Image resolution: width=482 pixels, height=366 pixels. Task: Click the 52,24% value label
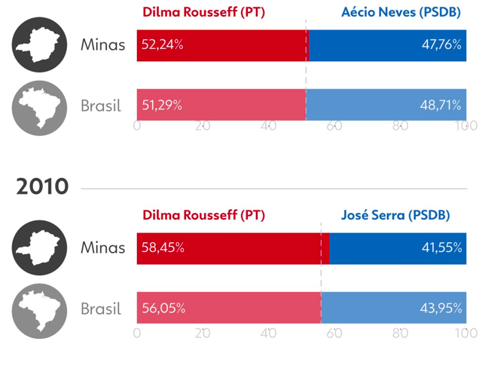click(163, 45)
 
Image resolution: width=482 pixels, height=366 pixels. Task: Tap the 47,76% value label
click(441, 45)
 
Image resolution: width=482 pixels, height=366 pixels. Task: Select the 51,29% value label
click(162, 106)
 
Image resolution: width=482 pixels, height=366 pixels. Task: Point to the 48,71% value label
click(441, 106)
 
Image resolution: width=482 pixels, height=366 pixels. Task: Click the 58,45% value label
click(163, 248)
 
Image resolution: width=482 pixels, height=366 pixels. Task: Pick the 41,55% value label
click(442, 248)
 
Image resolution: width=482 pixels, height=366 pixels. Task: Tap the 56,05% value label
click(163, 308)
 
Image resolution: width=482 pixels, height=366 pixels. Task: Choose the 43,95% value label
click(441, 308)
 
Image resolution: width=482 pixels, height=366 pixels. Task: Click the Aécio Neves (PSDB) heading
click(401, 12)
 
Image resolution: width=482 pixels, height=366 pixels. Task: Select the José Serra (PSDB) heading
click(395, 215)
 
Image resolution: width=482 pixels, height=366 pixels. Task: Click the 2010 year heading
click(42, 186)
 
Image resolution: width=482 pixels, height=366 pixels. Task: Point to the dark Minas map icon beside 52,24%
click(39, 45)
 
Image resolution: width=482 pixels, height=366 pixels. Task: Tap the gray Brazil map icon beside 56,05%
click(39, 311)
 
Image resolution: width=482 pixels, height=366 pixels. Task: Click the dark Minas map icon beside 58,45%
click(39, 248)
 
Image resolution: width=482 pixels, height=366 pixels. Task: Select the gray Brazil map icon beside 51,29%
click(39, 108)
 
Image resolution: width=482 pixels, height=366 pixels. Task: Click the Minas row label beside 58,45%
click(103, 248)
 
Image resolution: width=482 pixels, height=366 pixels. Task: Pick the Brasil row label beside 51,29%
click(101, 106)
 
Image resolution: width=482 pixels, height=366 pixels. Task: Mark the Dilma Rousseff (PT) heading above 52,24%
click(204, 12)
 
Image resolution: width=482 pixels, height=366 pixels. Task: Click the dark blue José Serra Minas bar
click(398, 248)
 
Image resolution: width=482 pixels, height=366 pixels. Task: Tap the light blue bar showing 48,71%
click(386, 105)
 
